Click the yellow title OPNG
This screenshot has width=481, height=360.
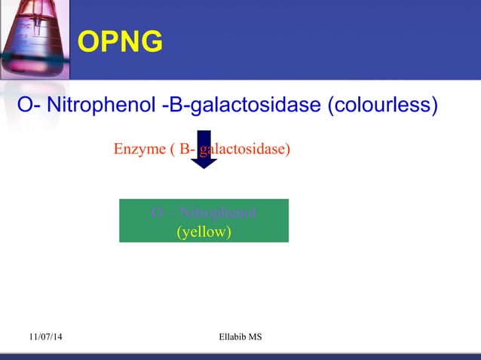pyautogui.click(x=121, y=43)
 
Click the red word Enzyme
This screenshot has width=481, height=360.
pyautogui.click(x=141, y=149)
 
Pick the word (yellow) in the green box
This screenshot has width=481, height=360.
pyautogui.click(x=204, y=232)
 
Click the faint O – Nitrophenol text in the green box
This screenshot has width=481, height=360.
pyautogui.click(x=204, y=212)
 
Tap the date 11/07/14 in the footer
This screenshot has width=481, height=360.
pyautogui.click(x=46, y=337)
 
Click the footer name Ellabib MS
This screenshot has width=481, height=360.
pyautogui.click(x=239, y=337)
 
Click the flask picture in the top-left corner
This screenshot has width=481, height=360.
pyautogui.click(x=34, y=38)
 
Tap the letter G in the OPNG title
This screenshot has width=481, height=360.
pyautogui.click(x=151, y=43)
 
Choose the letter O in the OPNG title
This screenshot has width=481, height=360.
pyautogui.click(x=89, y=43)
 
